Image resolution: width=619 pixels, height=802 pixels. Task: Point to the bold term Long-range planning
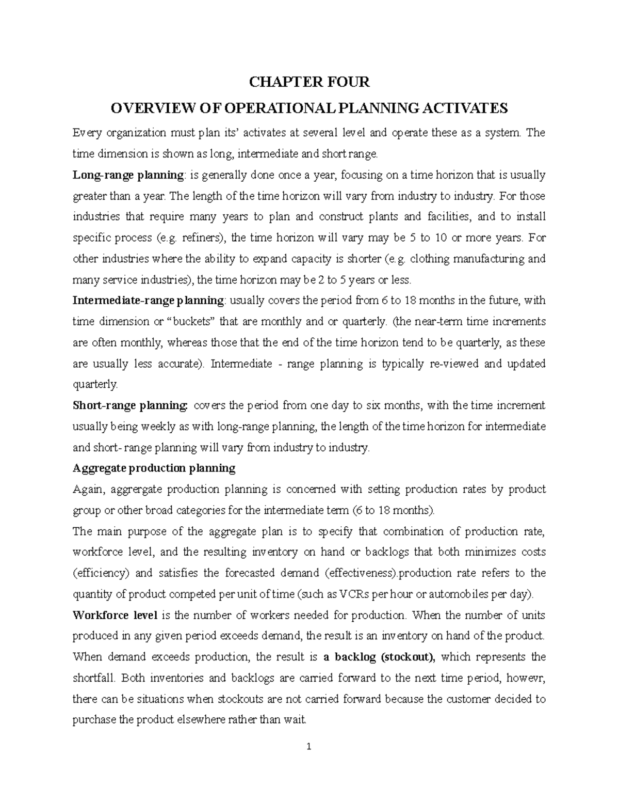(128, 175)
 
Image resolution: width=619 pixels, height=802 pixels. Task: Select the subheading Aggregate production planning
(154, 468)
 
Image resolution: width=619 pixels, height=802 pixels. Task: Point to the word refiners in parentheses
(202, 238)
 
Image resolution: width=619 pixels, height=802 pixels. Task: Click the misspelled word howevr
(527, 678)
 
